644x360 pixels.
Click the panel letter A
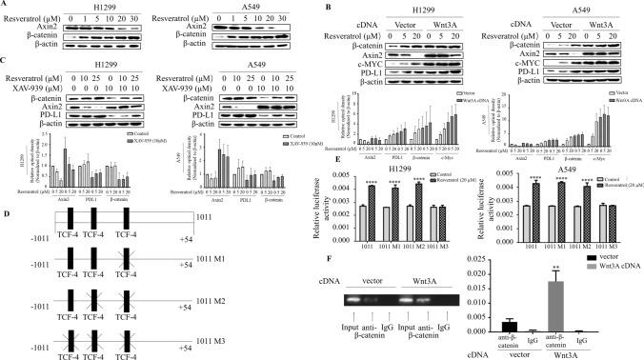(x=8, y=6)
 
